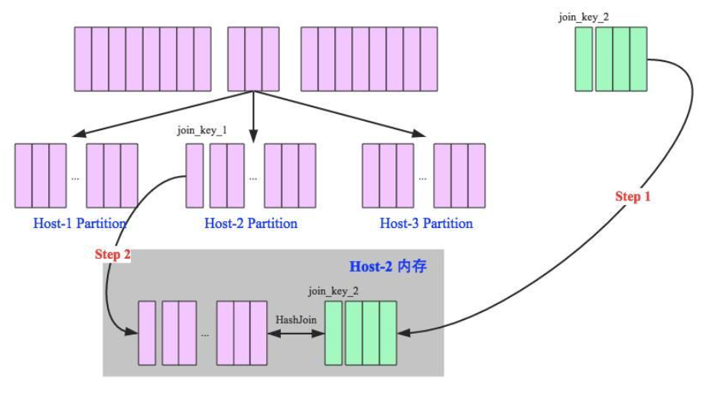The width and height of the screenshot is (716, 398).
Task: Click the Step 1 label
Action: (633, 197)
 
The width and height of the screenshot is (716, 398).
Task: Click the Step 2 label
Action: (112, 254)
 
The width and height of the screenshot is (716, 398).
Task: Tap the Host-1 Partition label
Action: (80, 223)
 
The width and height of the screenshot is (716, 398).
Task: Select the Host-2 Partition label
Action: (251, 223)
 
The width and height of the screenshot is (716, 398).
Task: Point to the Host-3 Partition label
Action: (426, 223)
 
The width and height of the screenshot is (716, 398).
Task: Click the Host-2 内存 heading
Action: (388, 267)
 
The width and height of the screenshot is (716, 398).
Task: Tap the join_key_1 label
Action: (201, 130)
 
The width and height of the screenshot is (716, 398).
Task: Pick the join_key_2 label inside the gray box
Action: (334, 291)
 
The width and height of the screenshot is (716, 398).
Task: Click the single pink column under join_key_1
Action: (195, 175)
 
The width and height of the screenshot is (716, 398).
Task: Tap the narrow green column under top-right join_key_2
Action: (584, 59)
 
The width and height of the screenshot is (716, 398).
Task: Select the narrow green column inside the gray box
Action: (334, 332)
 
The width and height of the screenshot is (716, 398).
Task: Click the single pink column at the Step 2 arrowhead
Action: (147, 333)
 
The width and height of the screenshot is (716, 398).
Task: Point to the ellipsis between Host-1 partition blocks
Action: (75, 178)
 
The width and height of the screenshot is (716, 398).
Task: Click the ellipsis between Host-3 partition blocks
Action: (423, 178)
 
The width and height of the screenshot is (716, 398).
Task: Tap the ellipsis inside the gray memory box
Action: (204, 335)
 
